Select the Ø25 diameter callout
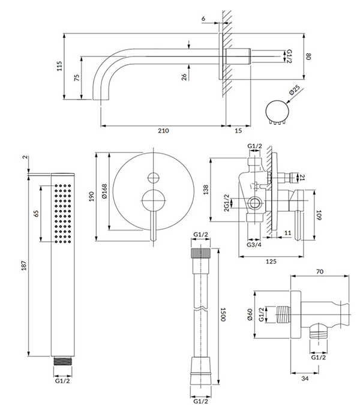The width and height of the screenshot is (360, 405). point(294,92)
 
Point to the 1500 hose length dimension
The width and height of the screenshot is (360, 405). point(223,314)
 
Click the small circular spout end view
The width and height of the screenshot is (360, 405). point(276,111)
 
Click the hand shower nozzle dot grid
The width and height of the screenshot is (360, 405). point(62,214)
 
